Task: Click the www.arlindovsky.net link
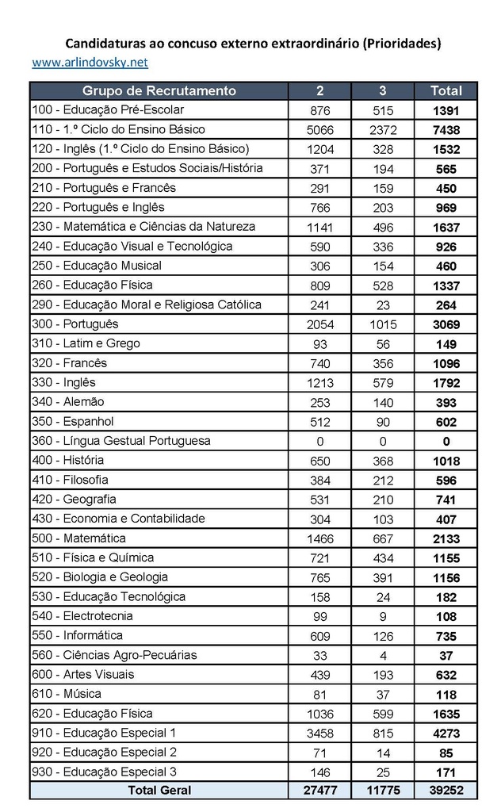tap(90, 62)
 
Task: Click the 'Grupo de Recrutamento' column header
tap(159, 90)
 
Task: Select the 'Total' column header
tap(446, 90)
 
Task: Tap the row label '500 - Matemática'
tap(78, 538)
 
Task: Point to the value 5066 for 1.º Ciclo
tap(320, 130)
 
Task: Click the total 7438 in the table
tap(446, 130)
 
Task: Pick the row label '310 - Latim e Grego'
tap(86, 343)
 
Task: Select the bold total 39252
tap(446, 791)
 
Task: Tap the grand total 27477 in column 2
tap(320, 791)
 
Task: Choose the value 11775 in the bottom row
tap(383, 791)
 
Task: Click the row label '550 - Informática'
tap(77, 635)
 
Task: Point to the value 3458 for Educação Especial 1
tap(320, 733)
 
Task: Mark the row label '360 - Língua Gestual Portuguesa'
tap(120, 441)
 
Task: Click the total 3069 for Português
tap(446, 324)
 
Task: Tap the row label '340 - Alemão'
tap(67, 402)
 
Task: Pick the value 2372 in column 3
tap(383, 130)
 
